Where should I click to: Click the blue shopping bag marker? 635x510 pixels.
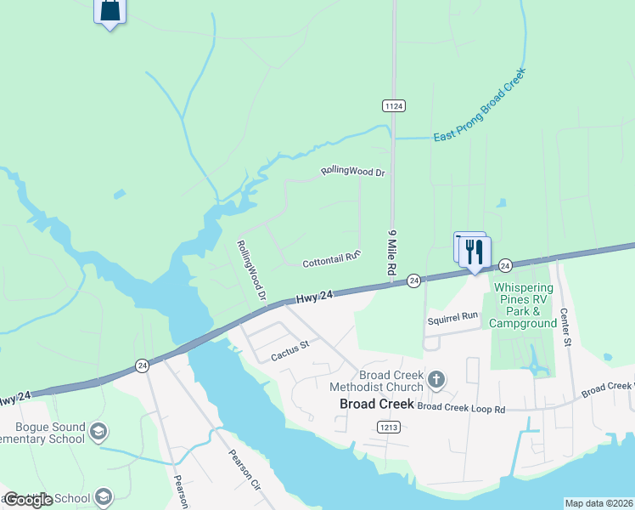pyautogui.click(x=110, y=11)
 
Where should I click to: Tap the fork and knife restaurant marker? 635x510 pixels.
pyautogui.click(x=475, y=252)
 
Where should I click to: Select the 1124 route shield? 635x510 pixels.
pyautogui.click(x=393, y=105)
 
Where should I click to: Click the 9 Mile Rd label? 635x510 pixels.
pyautogui.click(x=393, y=251)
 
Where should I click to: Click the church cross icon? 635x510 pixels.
pyautogui.click(x=436, y=379)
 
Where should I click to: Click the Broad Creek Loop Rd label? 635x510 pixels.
pyautogui.click(x=461, y=408)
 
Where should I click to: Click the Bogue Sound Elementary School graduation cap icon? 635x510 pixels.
pyautogui.click(x=98, y=433)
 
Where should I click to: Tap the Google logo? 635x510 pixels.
pyautogui.click(x=29, y=500)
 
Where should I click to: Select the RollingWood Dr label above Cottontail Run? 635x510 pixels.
pyautogui.click(x=353, y=172)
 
